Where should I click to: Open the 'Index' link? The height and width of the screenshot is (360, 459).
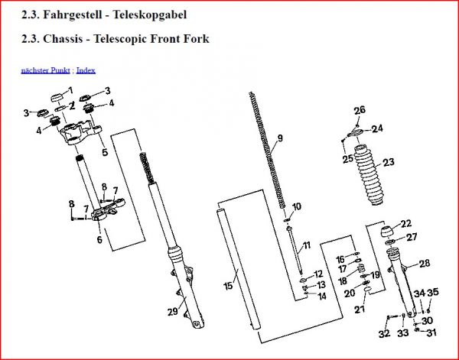point(86,70)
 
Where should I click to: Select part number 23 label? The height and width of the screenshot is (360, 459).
point(389,162)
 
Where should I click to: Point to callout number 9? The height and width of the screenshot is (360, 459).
point(280,138)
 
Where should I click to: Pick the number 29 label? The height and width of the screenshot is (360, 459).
point(172,311)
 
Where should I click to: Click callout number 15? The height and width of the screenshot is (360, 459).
point(227,286)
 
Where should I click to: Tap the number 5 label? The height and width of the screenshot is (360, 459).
point(104,152)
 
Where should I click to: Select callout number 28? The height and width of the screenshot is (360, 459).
point(424,263)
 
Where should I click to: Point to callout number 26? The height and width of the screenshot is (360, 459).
point(360,111)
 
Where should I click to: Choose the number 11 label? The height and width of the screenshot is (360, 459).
point(306,245)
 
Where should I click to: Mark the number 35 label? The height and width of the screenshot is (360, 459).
point(432,292)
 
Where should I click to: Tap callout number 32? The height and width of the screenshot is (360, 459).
point(383,333)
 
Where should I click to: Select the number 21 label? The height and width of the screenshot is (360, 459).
point(359,310)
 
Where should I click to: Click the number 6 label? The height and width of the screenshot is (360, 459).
point(99,239)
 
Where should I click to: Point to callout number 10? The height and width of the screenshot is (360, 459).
point(297,206)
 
